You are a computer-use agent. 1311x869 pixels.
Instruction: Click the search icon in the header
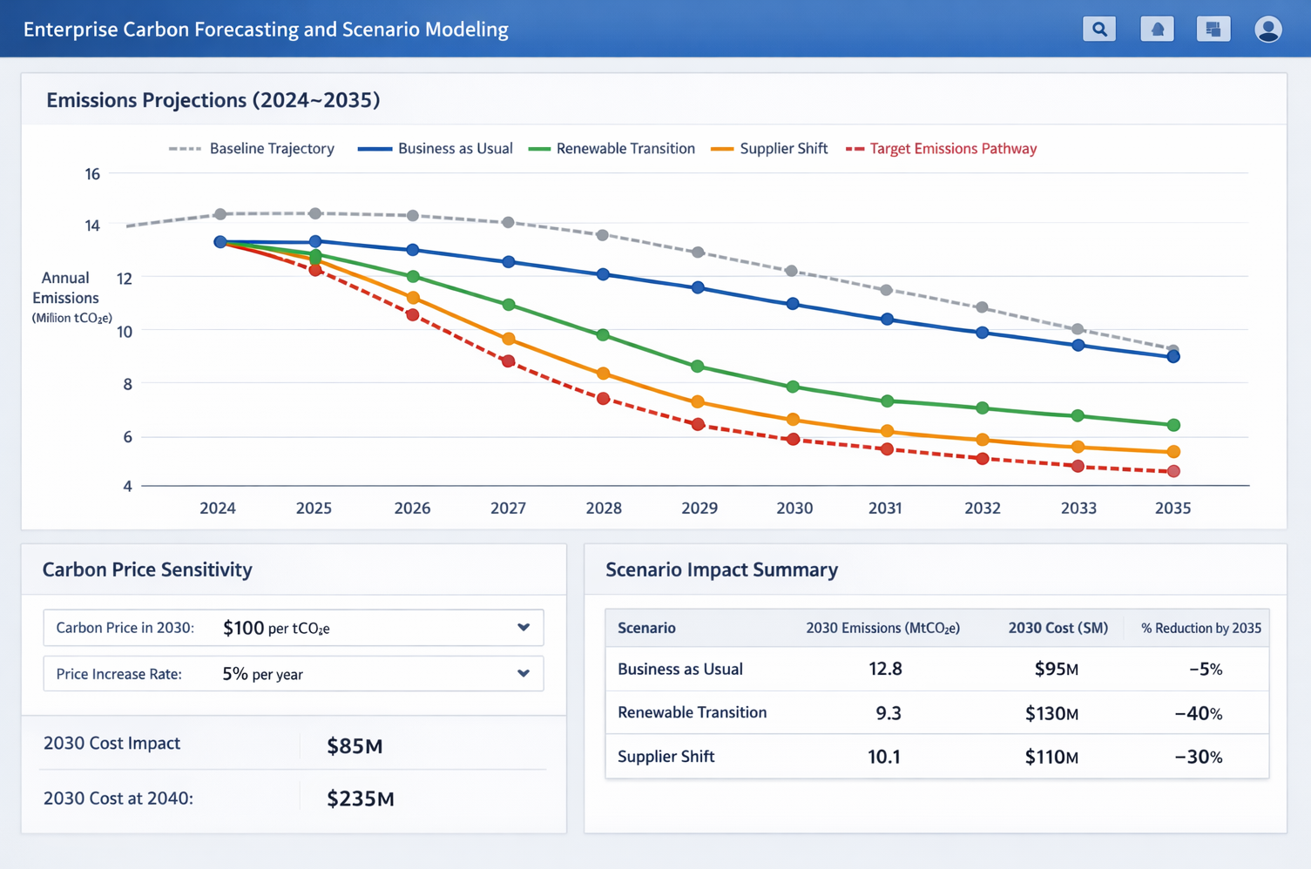pyautogui.click(x=1099, y=29)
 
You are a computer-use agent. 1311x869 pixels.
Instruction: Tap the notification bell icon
pyautogui.click(x=1157, y=29)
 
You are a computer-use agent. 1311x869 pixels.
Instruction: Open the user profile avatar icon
pyautogui.click(x=1267, y=29)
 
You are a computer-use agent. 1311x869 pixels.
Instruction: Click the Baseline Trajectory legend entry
pyautogui.click(x=252, y=149)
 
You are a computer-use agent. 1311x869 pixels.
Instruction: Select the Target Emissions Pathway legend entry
pyautogui.click(x=942, y=149)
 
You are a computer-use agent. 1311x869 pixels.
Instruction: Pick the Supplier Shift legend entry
pyautogui.click(x=769, y=149)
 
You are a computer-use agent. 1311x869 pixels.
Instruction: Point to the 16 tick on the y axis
pyautogui.click(x=92, y=174)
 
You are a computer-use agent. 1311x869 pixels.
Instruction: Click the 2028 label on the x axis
pyautogui.click(x=604, y=509)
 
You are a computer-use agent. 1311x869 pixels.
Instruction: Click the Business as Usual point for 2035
pyautogui.click(x=1173, y=356)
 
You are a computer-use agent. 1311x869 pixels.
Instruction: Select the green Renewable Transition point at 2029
pyautogui.click(x=697, y=367)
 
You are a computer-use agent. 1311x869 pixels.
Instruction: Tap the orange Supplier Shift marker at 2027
pyautogui.click(x=509, y=339)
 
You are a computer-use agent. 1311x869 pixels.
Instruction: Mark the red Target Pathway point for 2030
pyautogui.click(x=793, y=440)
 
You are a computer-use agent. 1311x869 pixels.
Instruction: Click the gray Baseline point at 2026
pyautogui.click(x=413, y=215)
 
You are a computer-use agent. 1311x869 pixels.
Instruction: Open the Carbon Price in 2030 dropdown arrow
pyautogui.click(x=524, y=628)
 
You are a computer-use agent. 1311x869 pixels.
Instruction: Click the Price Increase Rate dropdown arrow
pyautogui.click(x=524, y=673)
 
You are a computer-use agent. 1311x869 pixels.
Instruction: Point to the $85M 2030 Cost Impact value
pyautogui.click(x=355, y=746)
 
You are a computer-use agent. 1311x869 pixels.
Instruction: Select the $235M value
pyautogui.click(x=361, y=798)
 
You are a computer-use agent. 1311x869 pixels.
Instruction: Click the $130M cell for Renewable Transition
pyautogui.click(x=1051, y=714)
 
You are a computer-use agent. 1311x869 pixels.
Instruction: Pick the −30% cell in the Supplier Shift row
pyautogui.click(x=1198, y=758)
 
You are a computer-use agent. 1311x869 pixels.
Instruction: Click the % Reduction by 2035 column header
pyautogui.click(x=1200, y=629)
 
